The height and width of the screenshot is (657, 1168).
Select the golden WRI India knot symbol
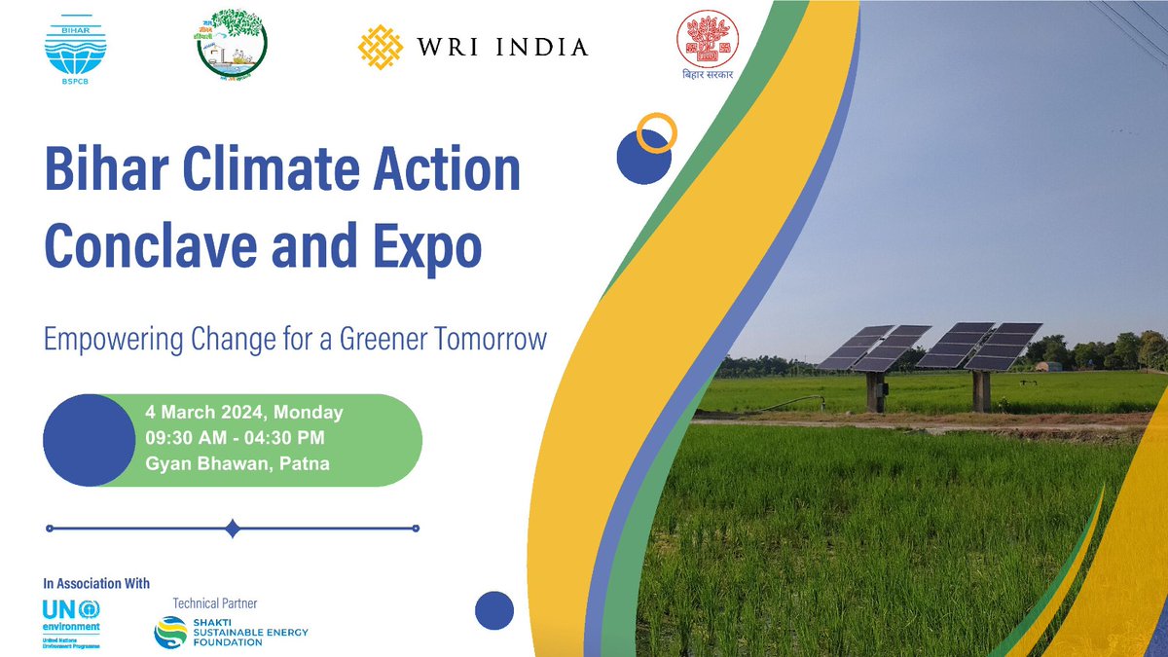pyautogui.click(x=381, y=47)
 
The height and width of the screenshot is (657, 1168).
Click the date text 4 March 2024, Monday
pyautogui.click(x=243, y=413)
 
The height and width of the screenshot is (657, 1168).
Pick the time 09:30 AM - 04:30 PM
pyautogui.click(x=235, y=438)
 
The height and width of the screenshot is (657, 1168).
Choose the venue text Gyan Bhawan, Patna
pyautogui.click(x=237, y=463)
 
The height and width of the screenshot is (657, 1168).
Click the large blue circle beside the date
pyautogui.click(x=88, y=440)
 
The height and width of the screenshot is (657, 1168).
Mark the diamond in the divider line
pyautogui.click(x=232, y=529)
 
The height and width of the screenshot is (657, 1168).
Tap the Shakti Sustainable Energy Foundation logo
pyautogui.click(x=232, y=632)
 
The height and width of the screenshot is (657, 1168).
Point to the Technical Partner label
pyautogui.click(x=214, y=603)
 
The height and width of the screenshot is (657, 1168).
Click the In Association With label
pyautogui.click(x=96, y=584)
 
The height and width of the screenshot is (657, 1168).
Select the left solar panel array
pyautogui.click(x=874, y=347)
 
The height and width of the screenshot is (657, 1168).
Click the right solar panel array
pyautogui.click(x=980, y=347)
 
